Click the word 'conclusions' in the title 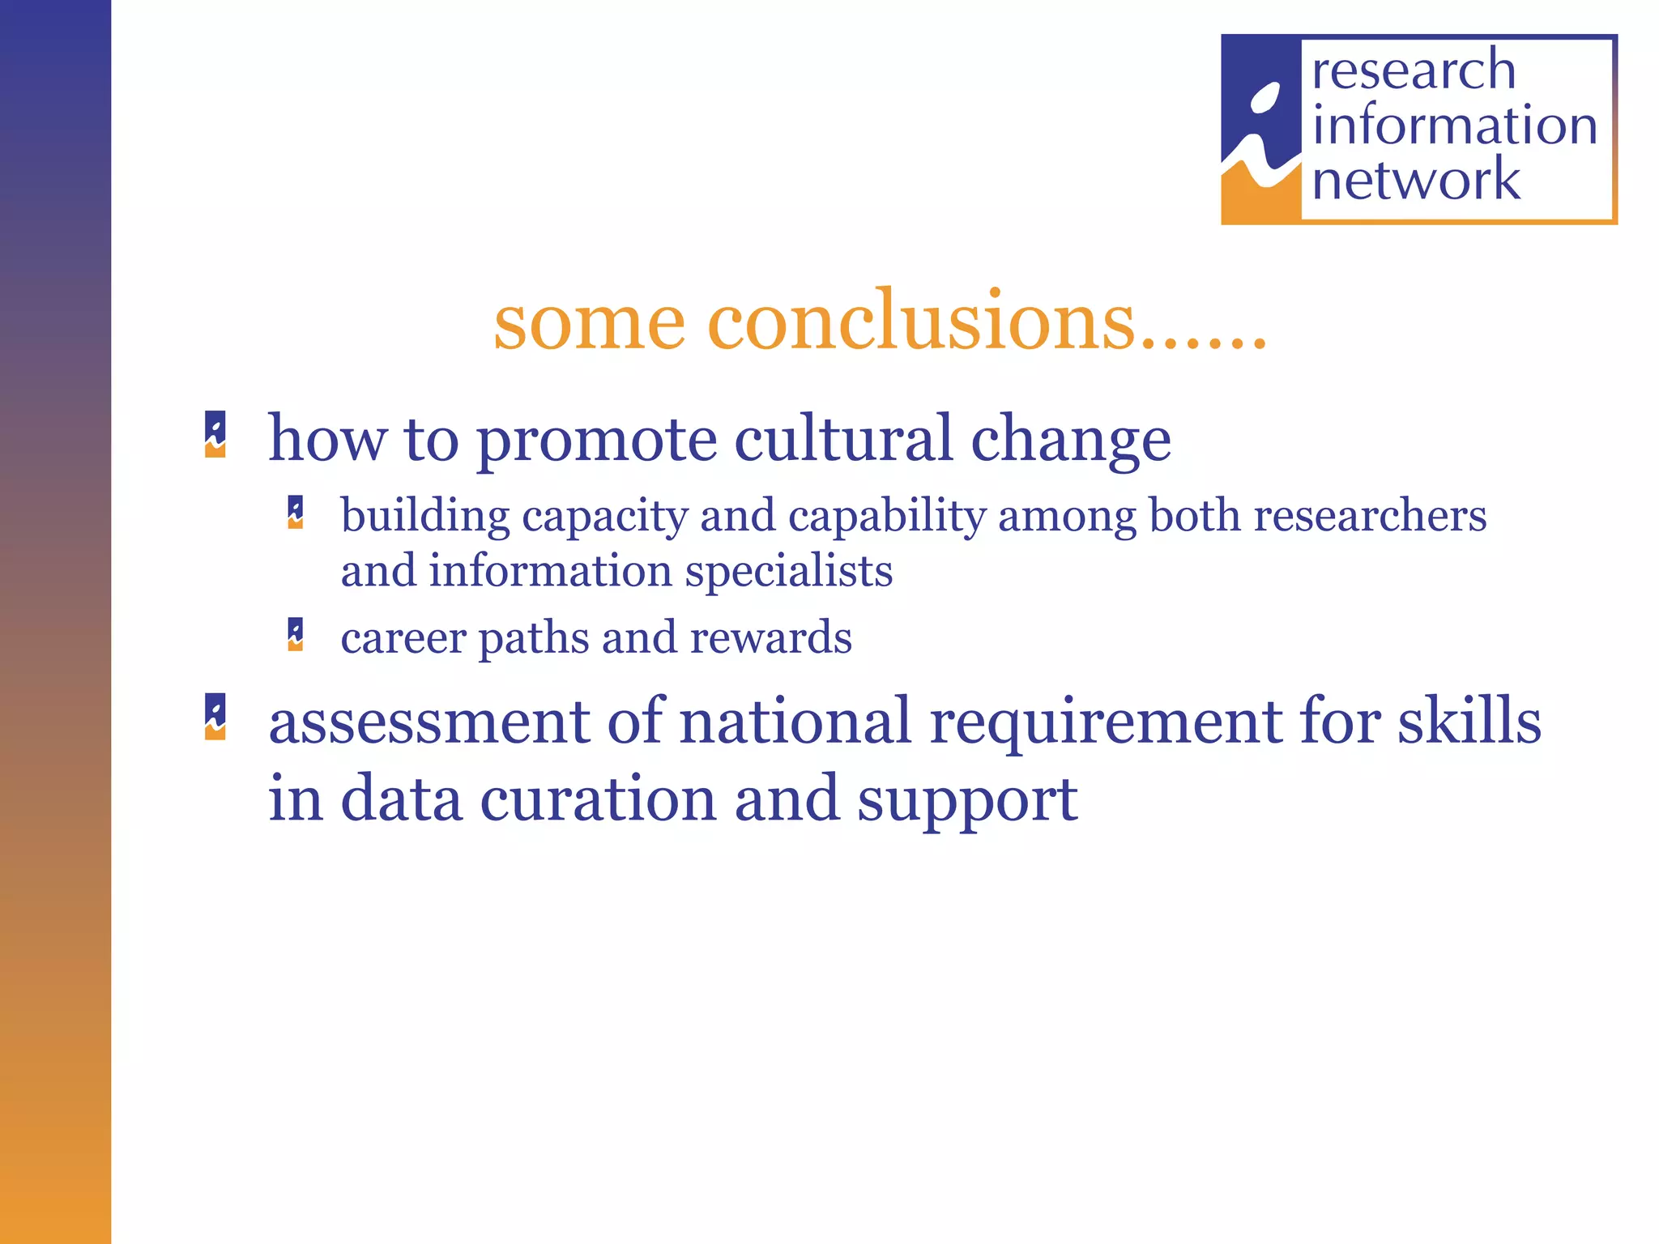pos(919,322)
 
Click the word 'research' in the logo pos(1414,70)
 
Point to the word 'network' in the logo pos(1416,180)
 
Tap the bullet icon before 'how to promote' pos(215,435)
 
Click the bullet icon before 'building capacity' pos(296,513)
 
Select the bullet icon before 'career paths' pos(296,634)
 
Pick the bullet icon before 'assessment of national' pos(215,717)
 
